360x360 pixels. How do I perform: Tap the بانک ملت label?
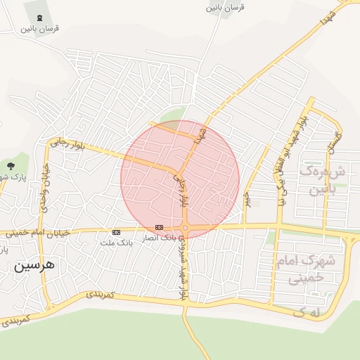coord(117,243)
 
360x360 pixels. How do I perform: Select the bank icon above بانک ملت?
coord(116,232)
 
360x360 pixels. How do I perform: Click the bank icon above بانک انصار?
coord(160,227)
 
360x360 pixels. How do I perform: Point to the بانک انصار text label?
coord(159,238)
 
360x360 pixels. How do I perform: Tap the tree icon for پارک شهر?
coord(11,166)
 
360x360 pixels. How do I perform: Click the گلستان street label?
coord(338,143)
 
